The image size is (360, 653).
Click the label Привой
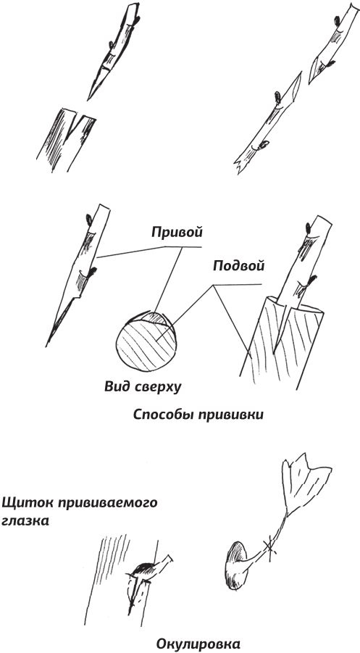177,232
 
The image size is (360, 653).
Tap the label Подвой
238,266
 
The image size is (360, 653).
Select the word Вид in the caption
115,387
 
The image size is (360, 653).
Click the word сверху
156,388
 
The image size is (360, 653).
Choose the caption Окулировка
198,644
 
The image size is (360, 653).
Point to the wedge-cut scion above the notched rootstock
113,52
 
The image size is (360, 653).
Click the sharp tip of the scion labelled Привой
46,345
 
